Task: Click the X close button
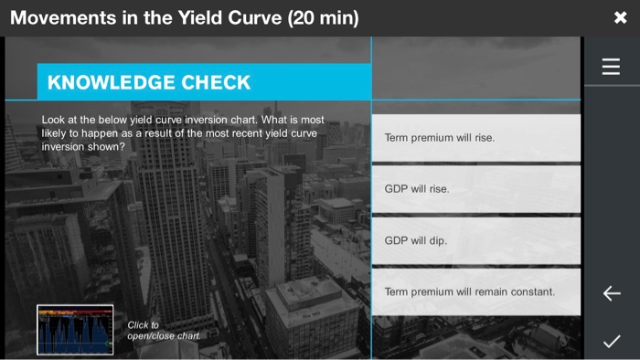click(x=620, y=18)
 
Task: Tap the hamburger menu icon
click(x=611, y=67)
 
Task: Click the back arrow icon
click(x=612, y=293)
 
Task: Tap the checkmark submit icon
click(x=612, y=342)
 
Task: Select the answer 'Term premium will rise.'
click(x=475, y=138)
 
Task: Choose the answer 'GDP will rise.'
click(x=475, y=189)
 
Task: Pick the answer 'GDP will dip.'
click(x=475, y=240)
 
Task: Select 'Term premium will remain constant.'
click(x=475, y=291)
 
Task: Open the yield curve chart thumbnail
click(x=75, y=330)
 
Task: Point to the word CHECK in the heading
click(x=217, y=82)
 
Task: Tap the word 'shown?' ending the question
click(x=107, y=146)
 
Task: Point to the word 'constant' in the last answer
click(x=531, y=291)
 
